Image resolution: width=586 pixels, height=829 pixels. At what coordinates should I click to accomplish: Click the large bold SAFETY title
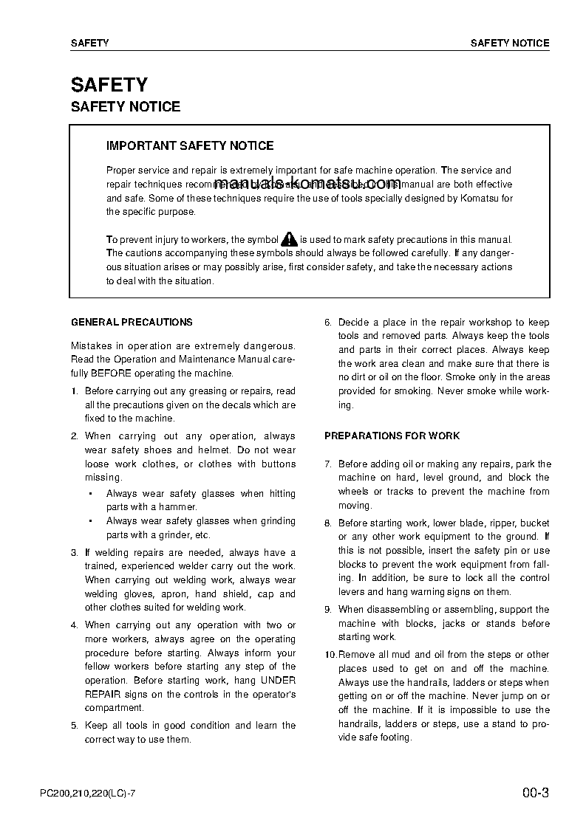click(x=109, y=85)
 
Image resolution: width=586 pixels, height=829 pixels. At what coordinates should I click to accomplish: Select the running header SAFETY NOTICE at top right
click(x=510, y=43)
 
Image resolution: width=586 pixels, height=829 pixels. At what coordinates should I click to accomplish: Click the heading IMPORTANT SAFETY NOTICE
click(x=190, y=146)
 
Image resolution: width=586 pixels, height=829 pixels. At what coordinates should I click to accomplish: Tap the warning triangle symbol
click(x=289, y=239)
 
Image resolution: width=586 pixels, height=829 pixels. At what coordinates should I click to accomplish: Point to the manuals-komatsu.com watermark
click(x=307, y=183)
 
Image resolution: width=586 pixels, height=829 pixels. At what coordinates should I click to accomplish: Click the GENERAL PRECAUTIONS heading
click(x=132, y=322)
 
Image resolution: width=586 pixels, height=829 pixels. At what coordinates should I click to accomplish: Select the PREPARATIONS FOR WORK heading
click(x=392, y=436)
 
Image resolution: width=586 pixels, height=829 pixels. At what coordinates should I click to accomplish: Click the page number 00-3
click(x=535, y=794)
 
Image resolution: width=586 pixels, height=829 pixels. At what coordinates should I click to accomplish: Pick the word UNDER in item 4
click(x=279, y=681)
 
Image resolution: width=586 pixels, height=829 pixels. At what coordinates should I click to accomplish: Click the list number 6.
click(x=328, y=323)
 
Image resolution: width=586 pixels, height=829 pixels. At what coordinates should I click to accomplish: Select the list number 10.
click(x=330, y=655)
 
